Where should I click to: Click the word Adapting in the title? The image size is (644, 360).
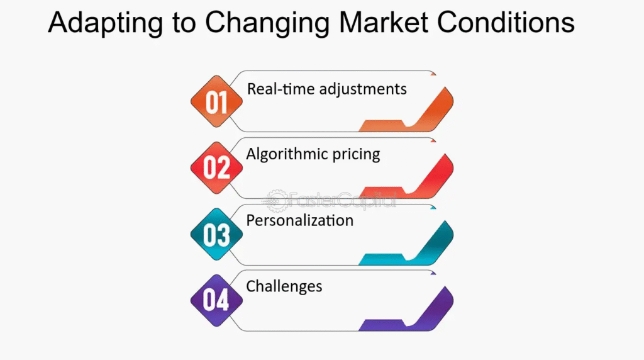pos(105,23)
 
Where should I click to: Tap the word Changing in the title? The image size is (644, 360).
pos(267,23)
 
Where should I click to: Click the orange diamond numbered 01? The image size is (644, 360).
pos(216,101)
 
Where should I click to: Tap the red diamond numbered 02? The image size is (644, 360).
pos(216,167)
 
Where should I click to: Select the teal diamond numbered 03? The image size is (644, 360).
pos(216,234)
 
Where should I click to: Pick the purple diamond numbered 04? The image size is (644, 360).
pos(216,300)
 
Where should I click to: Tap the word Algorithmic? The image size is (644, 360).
pos(287,155)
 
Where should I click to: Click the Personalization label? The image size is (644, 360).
pos(300,221)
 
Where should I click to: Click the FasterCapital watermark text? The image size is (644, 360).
pos(341,201)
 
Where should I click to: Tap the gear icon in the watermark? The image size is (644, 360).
pos(276,201)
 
